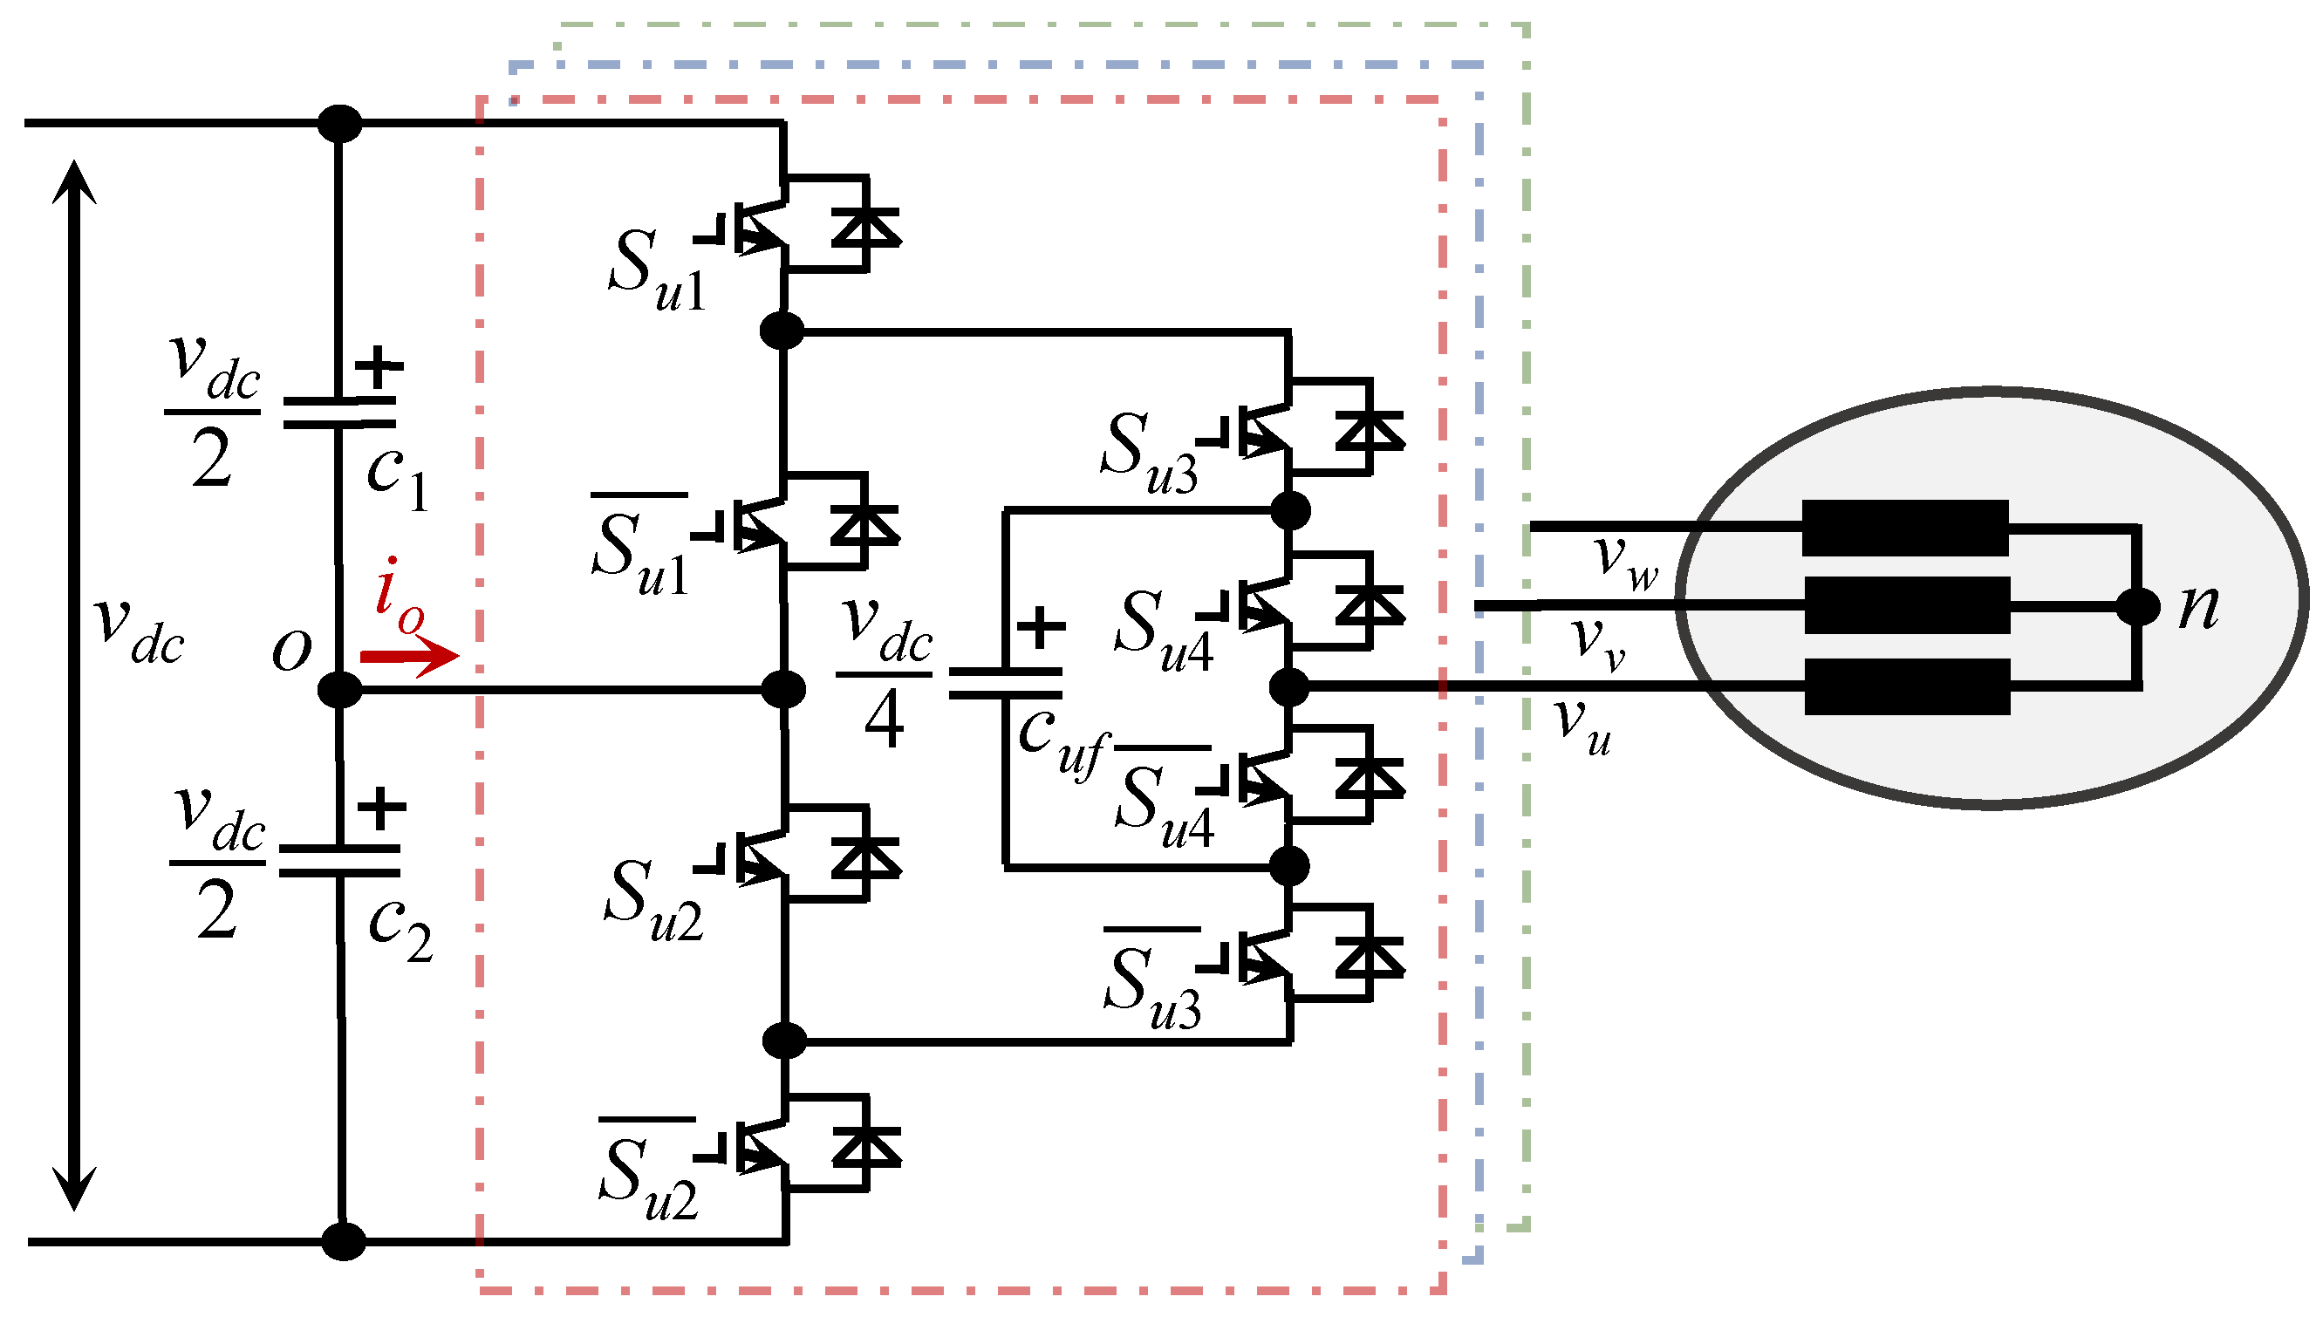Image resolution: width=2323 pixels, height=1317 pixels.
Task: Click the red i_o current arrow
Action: (409, 656)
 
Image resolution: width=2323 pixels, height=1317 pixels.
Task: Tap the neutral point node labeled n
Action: (2137, 607)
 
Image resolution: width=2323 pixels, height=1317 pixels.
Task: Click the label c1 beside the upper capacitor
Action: (396, 480)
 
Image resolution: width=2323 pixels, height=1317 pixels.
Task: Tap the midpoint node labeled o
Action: (340, 689)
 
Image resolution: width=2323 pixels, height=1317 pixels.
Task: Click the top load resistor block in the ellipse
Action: (1904, 528)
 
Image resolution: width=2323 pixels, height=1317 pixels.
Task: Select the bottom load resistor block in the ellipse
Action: (1906, 686)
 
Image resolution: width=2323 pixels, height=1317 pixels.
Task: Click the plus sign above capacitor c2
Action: (381, 808)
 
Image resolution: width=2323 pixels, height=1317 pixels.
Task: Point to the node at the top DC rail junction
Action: (340, 123)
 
